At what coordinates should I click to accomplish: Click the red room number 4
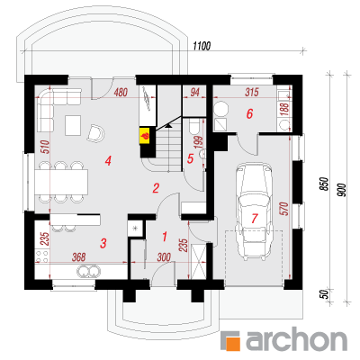point(108,161)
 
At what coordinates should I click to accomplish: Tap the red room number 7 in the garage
point(255,219)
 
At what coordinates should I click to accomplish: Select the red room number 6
point(249,113)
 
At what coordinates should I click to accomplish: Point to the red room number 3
point(103,243)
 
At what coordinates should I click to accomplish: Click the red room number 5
point(190,159)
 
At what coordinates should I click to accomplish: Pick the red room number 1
point(165,237)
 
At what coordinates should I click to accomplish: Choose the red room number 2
point(156,188)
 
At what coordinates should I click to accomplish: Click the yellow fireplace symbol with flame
point(146,136)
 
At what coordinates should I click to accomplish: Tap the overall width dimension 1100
point(202,46)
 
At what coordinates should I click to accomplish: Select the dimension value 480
point(121,93)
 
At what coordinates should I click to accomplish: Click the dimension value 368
point(78,256)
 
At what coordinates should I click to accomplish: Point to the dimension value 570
point(284,209)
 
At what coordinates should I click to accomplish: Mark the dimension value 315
point(251,93)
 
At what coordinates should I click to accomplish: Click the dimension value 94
point(194,93)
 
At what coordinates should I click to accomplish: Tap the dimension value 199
point(199,142)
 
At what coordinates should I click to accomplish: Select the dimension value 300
point(164,257)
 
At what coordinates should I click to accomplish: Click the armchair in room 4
point(95,133)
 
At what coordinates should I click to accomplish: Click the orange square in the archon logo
point(234,344)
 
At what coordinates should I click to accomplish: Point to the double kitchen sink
point(88,271)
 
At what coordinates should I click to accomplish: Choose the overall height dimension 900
point(343,190)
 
